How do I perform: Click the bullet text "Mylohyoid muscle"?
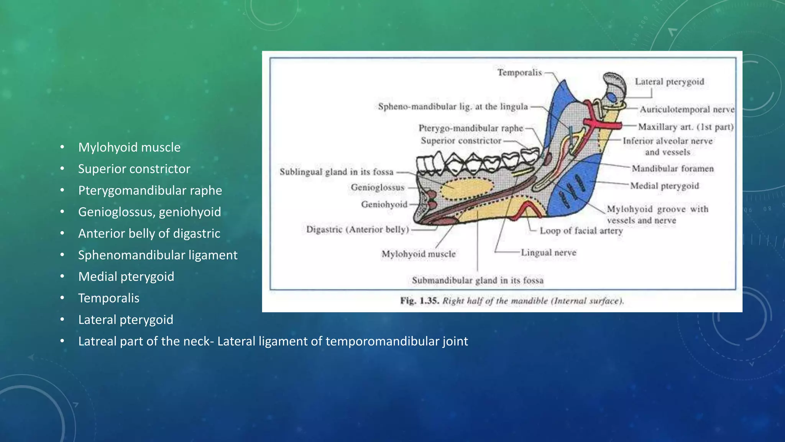129,147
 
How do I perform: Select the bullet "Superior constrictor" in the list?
134,169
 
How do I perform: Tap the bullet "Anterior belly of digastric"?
149,233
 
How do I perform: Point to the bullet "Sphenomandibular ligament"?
158,255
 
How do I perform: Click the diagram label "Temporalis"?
519,73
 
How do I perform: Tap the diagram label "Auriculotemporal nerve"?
687,109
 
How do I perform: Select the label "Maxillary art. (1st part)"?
686,127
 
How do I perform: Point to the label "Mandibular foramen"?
673,168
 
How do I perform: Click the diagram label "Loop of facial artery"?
581,231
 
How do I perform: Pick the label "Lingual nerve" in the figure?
549,252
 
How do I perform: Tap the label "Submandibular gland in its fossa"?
478,280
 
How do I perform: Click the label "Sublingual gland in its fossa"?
337,172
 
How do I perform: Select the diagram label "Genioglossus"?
378,188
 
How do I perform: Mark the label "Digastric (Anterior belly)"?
357,229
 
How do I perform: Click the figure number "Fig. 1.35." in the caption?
419,301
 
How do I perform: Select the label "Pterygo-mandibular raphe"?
471,128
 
